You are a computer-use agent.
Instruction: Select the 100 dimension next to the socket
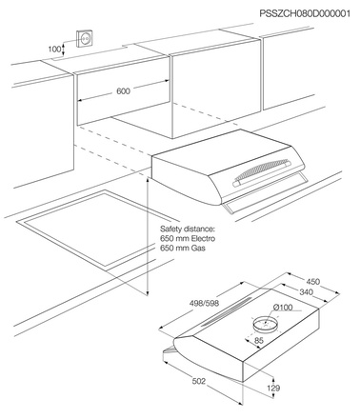coord(55,48)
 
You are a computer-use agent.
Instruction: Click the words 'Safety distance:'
coord(189,229)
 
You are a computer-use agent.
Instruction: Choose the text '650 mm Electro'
coord(189,239)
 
